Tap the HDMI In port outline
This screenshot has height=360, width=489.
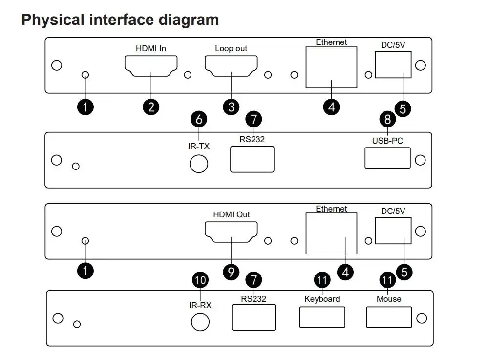coord(151,66)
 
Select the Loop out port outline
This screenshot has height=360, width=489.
coord(231,66)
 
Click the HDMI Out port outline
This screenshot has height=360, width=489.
coord(231,232)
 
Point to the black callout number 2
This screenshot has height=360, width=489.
coord(151,106)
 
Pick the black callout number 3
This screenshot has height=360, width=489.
coord(231,106)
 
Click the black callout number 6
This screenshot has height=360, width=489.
coord(199,119)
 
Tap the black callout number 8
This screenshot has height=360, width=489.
coord(388,119)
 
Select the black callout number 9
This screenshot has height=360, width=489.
coord(231,272)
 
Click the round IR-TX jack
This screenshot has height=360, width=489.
coord(199,164)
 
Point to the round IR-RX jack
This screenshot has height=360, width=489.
coord(200,322)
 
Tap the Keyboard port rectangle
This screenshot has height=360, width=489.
coord(322,317)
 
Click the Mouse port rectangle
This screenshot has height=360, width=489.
coord(389,317)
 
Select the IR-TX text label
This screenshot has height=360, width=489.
coord(199,146)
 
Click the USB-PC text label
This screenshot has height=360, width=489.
coord(388,141)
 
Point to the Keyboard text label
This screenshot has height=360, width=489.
coord(322,299)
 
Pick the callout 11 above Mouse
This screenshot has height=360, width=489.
coord(388,280)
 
